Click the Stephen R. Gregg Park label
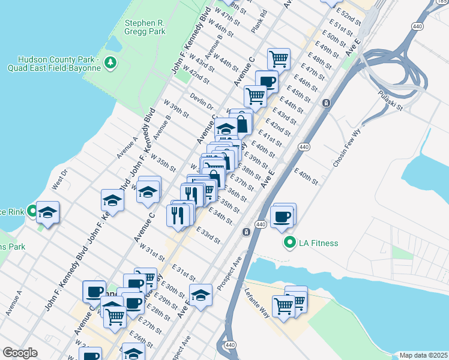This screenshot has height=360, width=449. [144, 28]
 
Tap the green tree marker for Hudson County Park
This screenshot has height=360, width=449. [110, 62]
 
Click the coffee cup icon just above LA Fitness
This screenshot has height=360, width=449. [281, 217]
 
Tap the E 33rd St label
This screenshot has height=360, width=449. [208, 235]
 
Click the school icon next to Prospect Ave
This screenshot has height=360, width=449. [201, 295]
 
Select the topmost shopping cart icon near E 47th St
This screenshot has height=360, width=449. [279, 59]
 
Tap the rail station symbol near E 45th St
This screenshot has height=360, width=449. [326, 103]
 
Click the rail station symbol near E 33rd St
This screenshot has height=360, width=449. [246, 232]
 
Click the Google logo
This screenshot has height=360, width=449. [20, 353]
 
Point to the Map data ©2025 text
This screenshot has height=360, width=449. [423, 355]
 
